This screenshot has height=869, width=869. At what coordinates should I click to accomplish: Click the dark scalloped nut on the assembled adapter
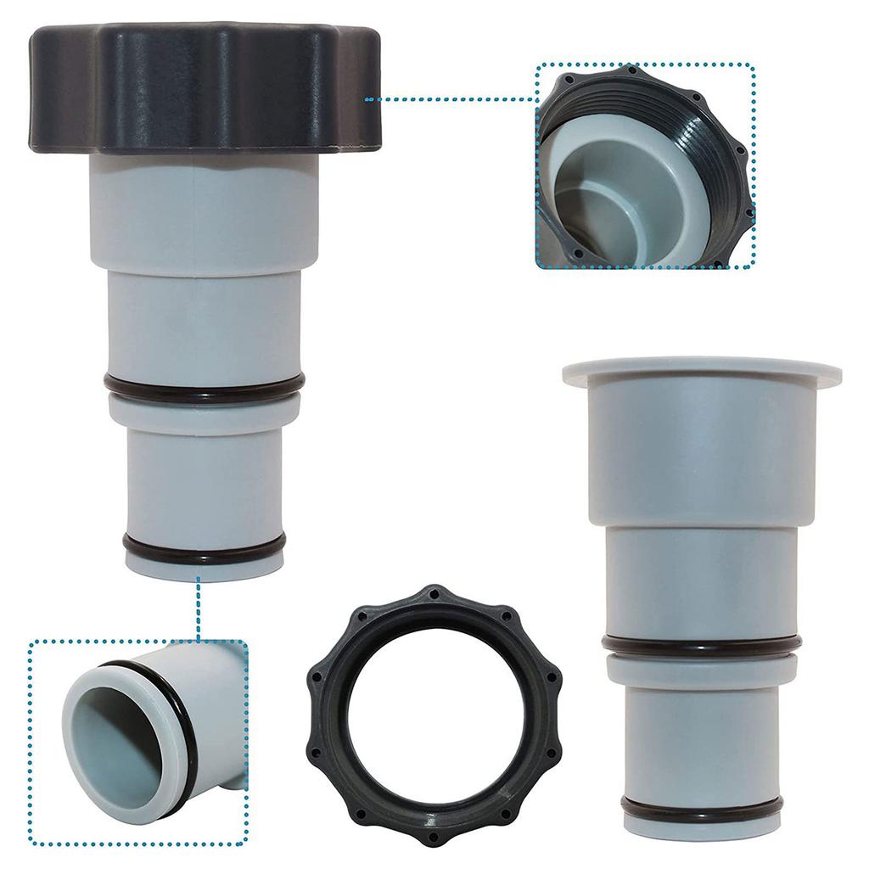[x=204, y=89]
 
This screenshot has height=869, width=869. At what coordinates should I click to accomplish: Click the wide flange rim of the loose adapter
[x=701, y=370]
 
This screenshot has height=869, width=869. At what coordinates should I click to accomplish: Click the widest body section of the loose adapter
[x=701, y=450]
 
